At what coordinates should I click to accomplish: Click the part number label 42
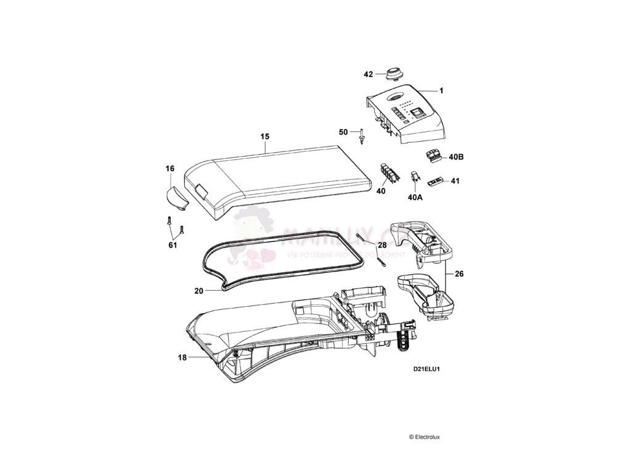(x=368, y=75)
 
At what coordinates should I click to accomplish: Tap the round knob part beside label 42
(x=393, y=74)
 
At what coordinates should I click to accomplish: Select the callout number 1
(x=441, y=91)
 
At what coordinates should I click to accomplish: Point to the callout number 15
(x=265, y=136)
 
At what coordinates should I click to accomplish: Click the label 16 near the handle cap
(x=170, y=168)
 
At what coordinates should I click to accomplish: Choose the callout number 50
(x=344, y=132)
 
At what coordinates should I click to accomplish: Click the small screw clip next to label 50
(x=362, y=135)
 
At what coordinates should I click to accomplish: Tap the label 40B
(x=456, y=157)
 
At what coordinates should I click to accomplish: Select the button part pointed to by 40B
(x=433, y=156)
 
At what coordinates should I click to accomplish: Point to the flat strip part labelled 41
(x=435, y=181)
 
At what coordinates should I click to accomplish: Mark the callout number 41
(x=455, y=181)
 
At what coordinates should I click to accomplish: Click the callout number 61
(x=173, y=245)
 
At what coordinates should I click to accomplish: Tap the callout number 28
(x=383, y=245)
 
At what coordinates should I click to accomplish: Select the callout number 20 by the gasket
(x=198, y=290)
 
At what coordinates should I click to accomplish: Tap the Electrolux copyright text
(x=424, y=437)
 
